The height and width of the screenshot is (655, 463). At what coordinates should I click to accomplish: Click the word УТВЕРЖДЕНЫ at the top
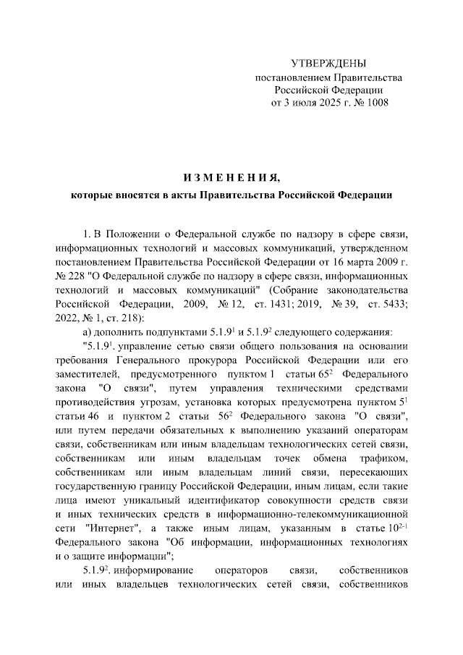tap(328, 64)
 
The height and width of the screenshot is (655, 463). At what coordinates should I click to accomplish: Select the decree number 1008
tap(375, 103)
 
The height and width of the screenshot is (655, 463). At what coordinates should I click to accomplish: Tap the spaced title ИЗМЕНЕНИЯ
tap(231, 177)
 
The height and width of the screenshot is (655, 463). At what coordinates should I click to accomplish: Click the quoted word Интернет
tap(111, 528)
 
